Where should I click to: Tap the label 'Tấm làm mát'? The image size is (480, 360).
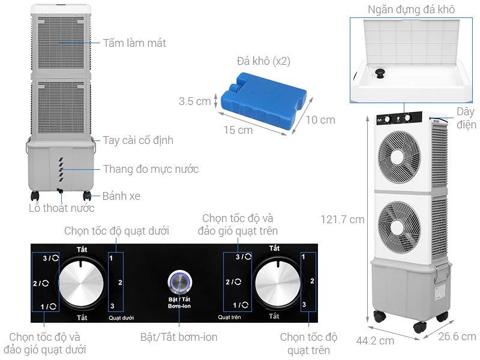coord(134,43)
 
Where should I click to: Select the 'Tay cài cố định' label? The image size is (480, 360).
coord(138,140)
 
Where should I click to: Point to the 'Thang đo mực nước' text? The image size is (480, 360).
coord(151,169)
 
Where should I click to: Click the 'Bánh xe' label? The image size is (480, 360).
coord(122,196)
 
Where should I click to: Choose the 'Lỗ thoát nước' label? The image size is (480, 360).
coord(62,208)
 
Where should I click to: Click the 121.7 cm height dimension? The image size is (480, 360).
coord(343,219)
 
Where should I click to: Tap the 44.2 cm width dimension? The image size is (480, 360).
coord(375,340)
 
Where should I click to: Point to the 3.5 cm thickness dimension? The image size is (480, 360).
coord(195,101)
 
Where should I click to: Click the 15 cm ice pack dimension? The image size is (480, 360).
coord(238,130)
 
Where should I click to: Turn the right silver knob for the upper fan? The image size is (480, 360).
coord(275,282)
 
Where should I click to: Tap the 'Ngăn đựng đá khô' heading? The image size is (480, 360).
coord(411,9)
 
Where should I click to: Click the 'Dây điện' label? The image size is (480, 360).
coord(466,118)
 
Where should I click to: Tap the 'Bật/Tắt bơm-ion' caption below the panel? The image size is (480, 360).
coord(179,337)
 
